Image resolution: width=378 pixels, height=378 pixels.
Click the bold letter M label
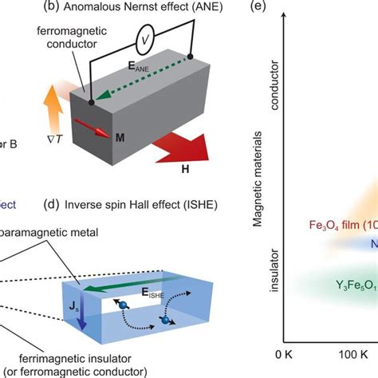pos(120,138)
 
